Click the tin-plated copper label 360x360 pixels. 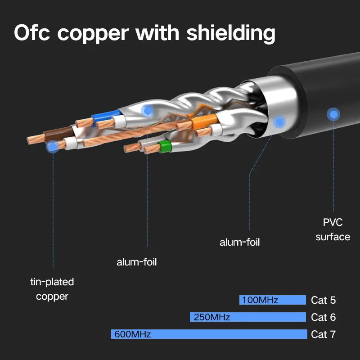click(x=52, y=289)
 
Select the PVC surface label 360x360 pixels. click(x=333, y=229)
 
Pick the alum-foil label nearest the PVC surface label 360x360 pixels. click(x=240, y=242)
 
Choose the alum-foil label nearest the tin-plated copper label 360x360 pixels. click(x=137, y=262)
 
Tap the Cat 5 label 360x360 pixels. click(x=323, y=300)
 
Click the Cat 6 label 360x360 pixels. click(x=323, y=317)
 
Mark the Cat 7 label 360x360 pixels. click(x=323, y=334)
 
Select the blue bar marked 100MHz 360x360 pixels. click(x=273, y=300)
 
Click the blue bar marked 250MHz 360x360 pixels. click(x=248, y=317)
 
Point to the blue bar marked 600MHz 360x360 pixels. click(x=209, y=334)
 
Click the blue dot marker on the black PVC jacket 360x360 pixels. click(x=333, y=114)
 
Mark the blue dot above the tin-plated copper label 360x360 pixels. click(x=53, y=146)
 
